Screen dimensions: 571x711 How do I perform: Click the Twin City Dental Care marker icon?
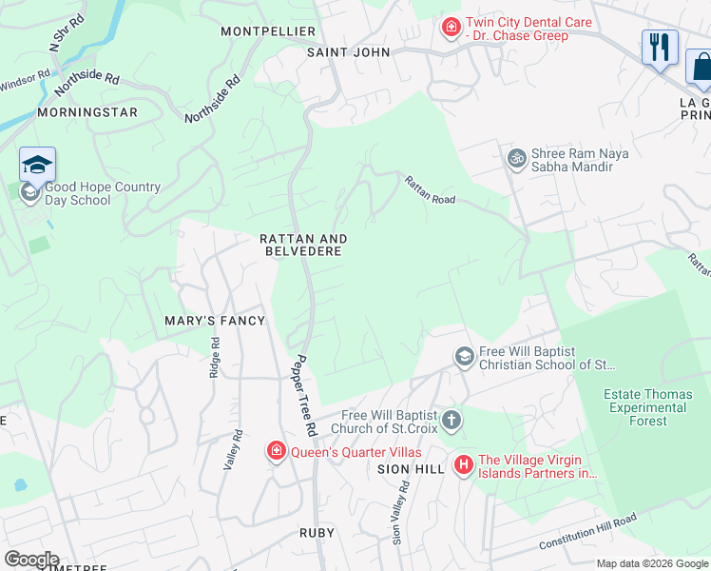tap(451, 30)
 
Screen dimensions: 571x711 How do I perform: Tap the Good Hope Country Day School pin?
tap(37, 166)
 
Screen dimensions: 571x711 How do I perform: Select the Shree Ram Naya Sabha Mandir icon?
tap(517, 157)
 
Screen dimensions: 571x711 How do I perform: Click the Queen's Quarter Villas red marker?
tap(277, 450)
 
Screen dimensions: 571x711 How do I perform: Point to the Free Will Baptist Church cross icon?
tap(451, 419)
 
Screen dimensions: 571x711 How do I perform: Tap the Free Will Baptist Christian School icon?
tap(465, 357)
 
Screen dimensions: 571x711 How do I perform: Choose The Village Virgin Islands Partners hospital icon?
tap(463, 464)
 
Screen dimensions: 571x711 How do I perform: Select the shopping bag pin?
tap(701, 67)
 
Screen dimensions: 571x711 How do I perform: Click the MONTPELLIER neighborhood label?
tap(267, 31)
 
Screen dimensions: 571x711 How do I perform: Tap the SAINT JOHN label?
tap(348, 52)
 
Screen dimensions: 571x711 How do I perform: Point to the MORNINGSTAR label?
tap(87, 112)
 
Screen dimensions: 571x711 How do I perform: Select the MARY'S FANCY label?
tap(214, 321)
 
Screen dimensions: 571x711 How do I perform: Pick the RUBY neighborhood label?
tap(317, 534)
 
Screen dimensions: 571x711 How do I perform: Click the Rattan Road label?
tap(430, 190)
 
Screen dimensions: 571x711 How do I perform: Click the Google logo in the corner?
tap(30, 560)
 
